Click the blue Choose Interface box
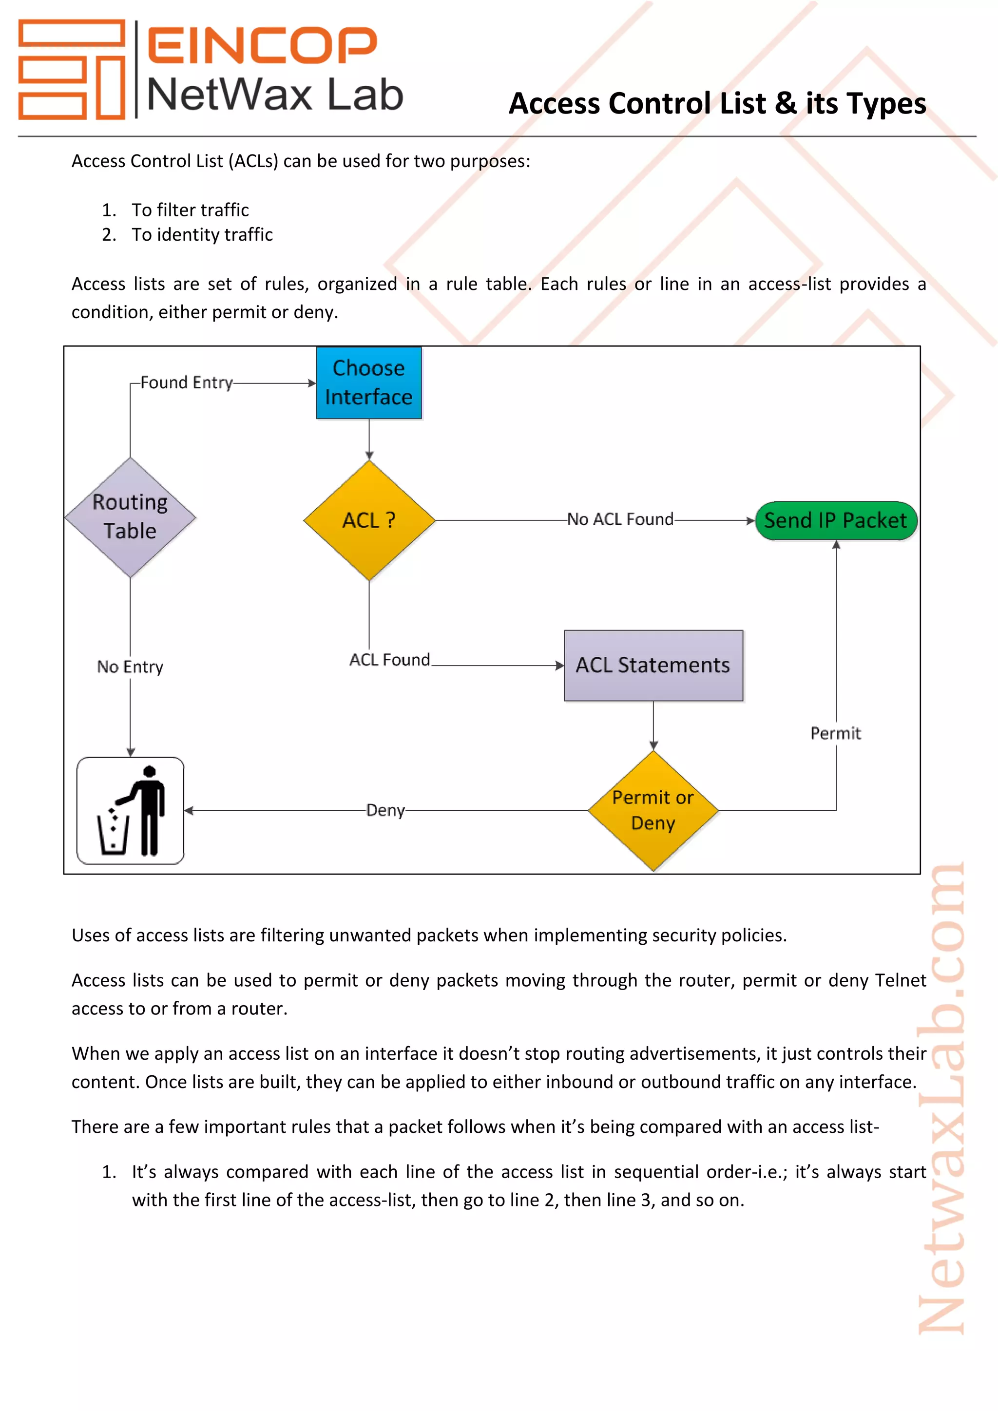[369, 382]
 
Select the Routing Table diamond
[130, 517]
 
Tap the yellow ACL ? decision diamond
[369, 520]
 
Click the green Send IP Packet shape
[835, 520]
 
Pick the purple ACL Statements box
[653, 665]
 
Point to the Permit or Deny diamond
[653, 810]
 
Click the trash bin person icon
[130, 810]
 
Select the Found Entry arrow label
[186, 382]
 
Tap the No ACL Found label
[620, 519]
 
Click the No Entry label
[130, 667]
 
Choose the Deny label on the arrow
[385, 810]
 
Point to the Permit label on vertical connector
[835, 733]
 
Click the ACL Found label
[390, 659]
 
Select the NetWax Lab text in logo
[275, 95]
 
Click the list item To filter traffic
[190, 210]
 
